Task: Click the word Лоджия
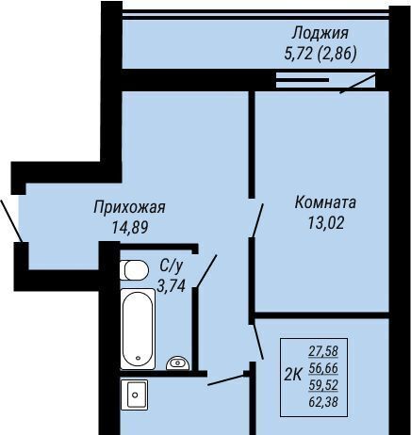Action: point(320,34)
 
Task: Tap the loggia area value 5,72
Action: point(299,54)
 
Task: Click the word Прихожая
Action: point(129,208)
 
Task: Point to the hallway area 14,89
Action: point(130,227)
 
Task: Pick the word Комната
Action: point(325,202)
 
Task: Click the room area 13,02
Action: point(326,223)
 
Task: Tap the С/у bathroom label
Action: point(171,266)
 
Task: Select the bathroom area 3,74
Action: point(171,286)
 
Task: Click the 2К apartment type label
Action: point(293,375)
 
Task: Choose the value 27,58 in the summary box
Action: point(323,351)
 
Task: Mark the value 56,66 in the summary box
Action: point(323,368)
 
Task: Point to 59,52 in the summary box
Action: point(323,385)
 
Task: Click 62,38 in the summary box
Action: point(323,402)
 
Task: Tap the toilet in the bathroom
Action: point(134,269)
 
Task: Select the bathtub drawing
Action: point(138,329)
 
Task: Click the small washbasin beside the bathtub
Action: point(177,363)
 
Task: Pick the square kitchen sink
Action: point(135,395)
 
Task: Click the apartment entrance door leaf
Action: point(11,220)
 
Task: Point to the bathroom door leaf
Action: point(206,270)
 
